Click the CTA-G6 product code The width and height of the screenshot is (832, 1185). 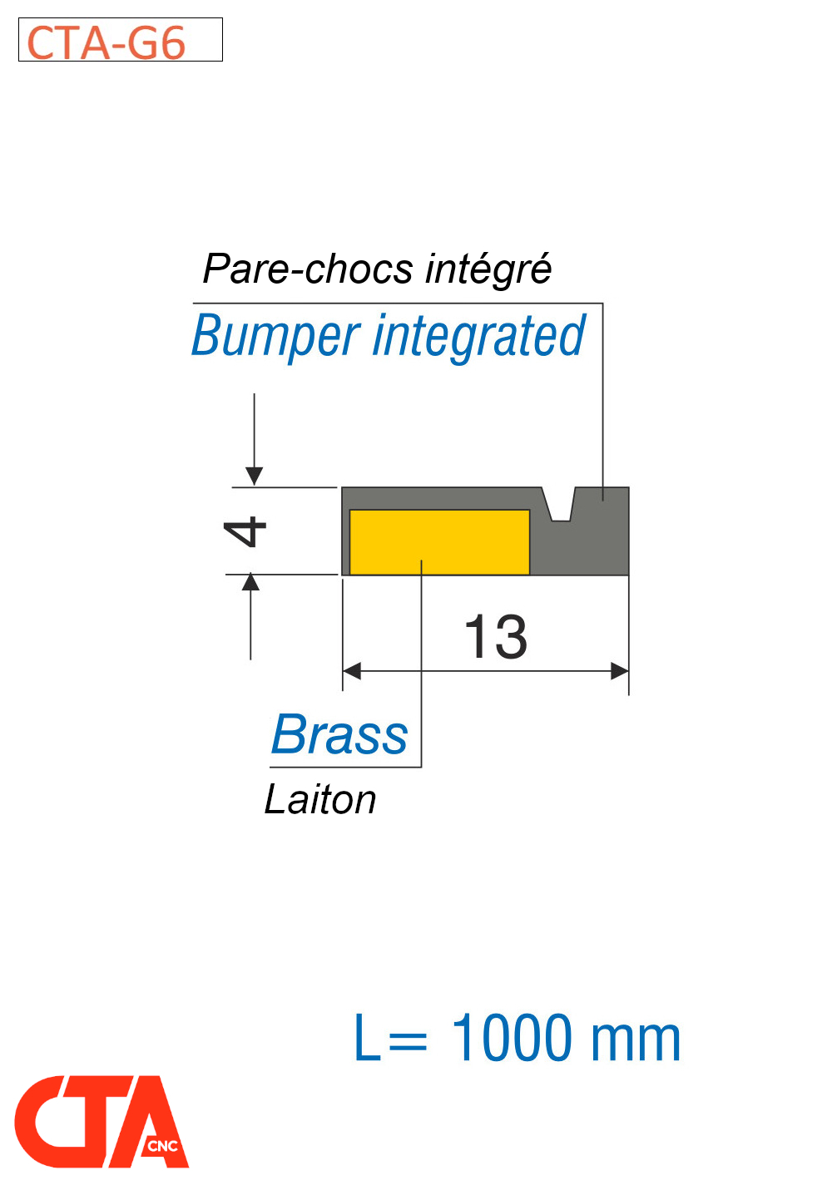pos(106,42)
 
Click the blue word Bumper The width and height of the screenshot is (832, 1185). pos(275,337)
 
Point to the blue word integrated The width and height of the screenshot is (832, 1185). pos(478,337)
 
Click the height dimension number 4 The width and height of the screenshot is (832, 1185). pos(245,531)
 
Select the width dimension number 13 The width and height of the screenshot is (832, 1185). pos(495,636)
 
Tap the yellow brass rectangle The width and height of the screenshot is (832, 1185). pos(438,541)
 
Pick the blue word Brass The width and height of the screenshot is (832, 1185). pos(339,734)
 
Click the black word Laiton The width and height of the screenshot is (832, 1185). pos(319,799)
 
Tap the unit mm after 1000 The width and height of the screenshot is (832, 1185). pos(635,1042)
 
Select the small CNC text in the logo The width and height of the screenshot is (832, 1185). pos(162,1146)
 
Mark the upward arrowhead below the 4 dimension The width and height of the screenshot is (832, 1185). pos(250,582)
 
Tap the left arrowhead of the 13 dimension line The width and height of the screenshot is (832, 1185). pos(352,671)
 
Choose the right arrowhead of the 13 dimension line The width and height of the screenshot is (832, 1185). pos(620,671)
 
